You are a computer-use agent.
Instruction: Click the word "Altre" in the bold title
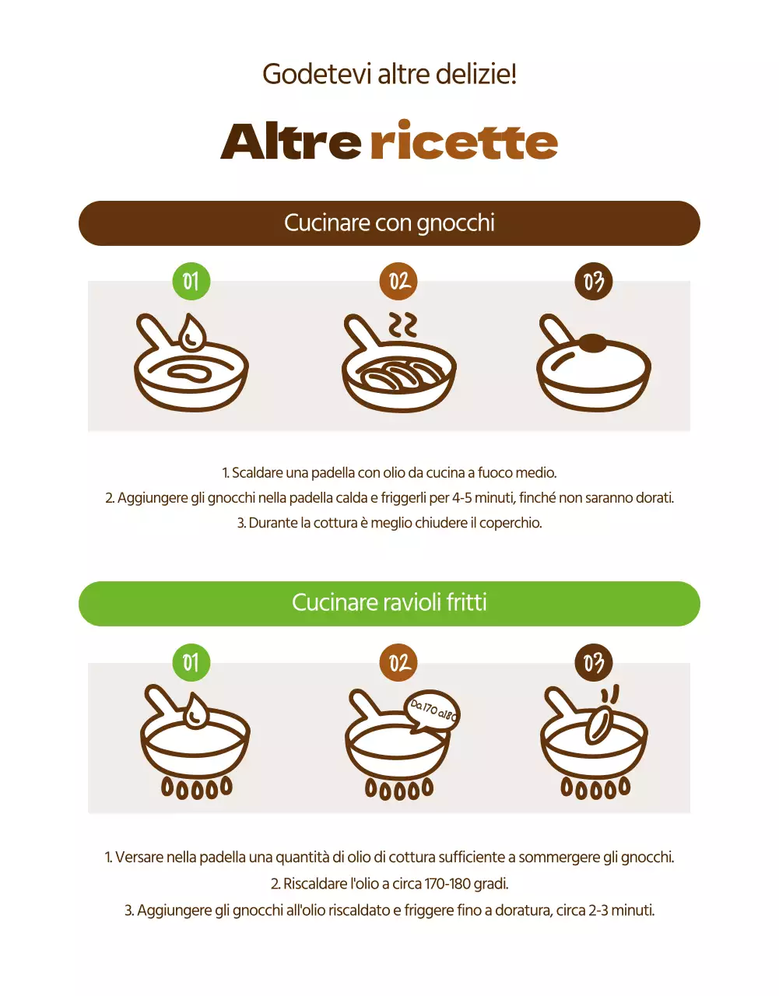[x=291, y=142]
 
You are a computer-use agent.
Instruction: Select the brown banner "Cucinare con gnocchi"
[x=389, y=223]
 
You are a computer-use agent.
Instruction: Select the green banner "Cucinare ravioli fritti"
[x=389, y=603]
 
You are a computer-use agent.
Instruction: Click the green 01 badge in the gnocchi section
[x=191, y=281]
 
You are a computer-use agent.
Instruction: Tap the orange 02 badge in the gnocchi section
[x=398, y=281]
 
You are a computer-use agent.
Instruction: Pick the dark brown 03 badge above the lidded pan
[x=594, y=281]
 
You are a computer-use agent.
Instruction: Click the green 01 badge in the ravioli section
[x=191, y=663]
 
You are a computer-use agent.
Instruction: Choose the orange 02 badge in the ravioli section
[x=398, y=663]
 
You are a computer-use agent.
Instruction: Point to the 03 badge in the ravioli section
[x=594, y=663]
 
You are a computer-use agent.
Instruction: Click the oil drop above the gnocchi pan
[x=191, y=333]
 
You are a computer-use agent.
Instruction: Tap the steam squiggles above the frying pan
[x=403, y=325]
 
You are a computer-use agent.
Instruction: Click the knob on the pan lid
[x=592, y=342]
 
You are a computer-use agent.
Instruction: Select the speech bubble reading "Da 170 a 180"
[x=433, y=711]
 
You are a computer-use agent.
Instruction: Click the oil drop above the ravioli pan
[x=195, y=711]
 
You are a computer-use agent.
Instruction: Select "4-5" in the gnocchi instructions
[x=461, y=498]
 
